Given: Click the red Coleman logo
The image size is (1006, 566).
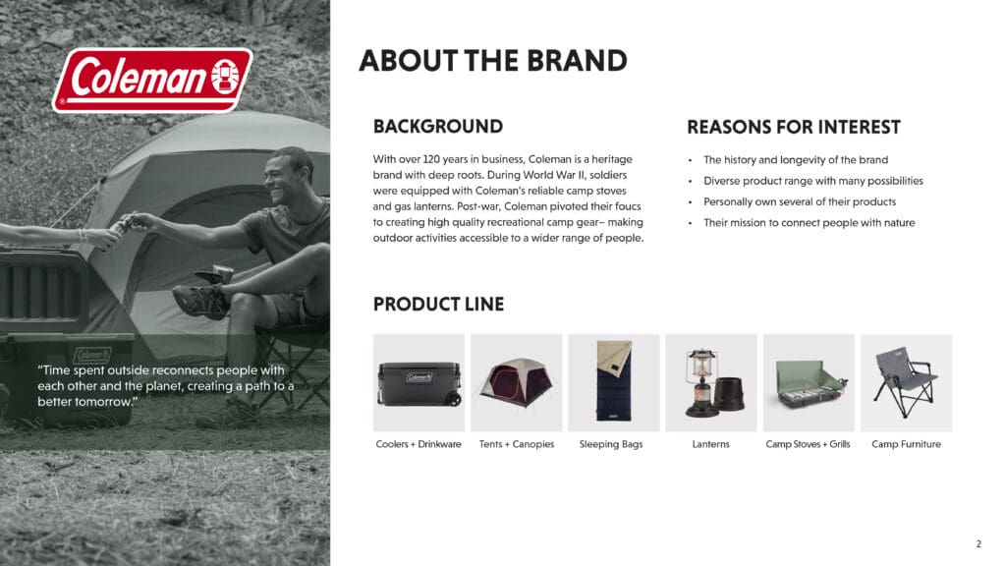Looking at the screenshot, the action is [152, 81].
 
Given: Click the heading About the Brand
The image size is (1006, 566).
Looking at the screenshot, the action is [493, 61].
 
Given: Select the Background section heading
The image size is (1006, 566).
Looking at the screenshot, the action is [437, 127].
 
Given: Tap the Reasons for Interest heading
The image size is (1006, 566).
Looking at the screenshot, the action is [794, 127].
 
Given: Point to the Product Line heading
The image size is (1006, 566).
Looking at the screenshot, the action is [438, 305].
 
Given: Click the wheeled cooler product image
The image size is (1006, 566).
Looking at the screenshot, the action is [419, 382].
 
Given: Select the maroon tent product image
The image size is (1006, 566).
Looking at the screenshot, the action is [517, 382].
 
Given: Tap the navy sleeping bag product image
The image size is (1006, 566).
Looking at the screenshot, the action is [614, 382].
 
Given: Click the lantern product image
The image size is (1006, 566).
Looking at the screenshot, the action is [711, 382].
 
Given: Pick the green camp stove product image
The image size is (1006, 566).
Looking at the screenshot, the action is [809, 382].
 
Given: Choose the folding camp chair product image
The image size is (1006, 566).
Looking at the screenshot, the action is [906, 382].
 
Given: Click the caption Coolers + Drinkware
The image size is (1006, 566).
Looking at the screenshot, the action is [419, 444].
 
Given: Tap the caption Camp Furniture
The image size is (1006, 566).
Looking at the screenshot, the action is [906, 444].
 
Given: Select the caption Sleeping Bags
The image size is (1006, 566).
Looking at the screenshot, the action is [611, 444].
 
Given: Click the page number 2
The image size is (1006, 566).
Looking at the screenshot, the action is [978, 544].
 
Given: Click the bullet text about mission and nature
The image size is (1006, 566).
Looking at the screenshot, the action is [810, 223].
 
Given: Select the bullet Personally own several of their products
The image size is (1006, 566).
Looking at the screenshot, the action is [800, 201].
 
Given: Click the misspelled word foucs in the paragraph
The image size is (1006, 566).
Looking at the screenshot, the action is [628, 206].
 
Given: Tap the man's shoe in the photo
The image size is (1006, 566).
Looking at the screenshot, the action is [200, 301].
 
